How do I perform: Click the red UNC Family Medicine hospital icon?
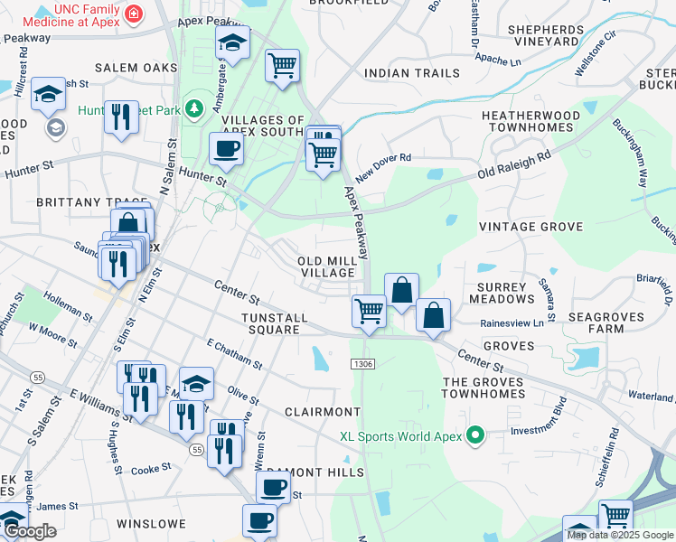click(134, 14)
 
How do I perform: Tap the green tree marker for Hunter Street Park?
click(192, 109)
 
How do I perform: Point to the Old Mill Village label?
click(326, 266)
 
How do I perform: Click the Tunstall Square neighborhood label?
click(275, 323)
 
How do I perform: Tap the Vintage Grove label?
click(530, 227)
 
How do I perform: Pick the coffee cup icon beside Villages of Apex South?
click(226, 148)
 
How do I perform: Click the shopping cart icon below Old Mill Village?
click(369, 311)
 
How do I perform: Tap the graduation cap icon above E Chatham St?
click(196, 383)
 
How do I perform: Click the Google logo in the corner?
click(30, 531)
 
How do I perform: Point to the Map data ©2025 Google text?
click(620, 535)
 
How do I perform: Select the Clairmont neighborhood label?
click(323, 412)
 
